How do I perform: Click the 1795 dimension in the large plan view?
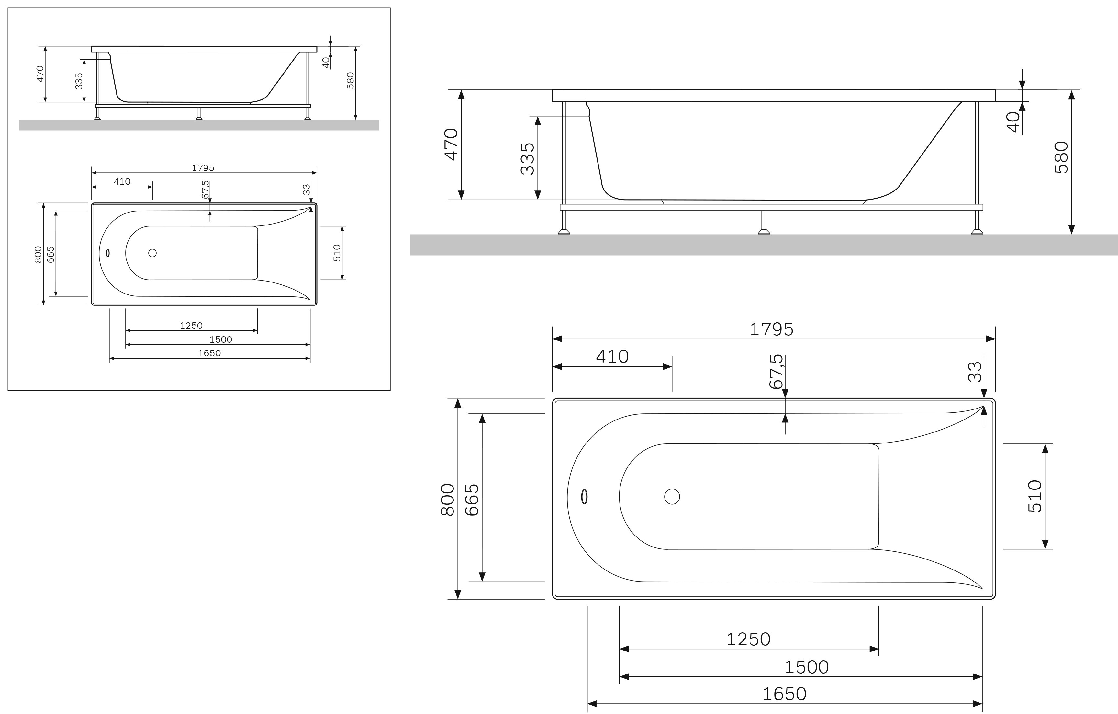[772, 329]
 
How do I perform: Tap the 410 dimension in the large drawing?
[612, 357]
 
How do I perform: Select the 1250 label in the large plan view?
[748, 639]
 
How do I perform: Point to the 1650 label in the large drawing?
[784, 694]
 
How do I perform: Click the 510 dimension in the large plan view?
[1035, 496]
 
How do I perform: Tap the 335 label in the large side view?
[527, 159]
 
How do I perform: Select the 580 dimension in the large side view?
[1061, 157]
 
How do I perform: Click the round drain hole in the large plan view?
[672, 497]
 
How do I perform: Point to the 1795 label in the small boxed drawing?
[203, 168]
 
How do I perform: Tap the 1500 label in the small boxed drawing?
[220, 340]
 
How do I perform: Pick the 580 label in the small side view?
[351, 80]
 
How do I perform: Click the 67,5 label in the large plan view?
[776, 372]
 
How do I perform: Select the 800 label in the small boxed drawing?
[38, 255]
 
